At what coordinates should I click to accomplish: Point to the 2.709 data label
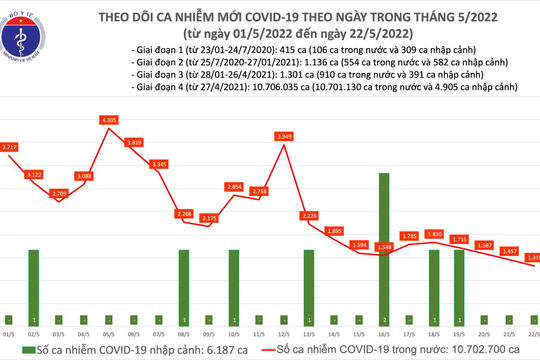[x=59, y=191]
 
